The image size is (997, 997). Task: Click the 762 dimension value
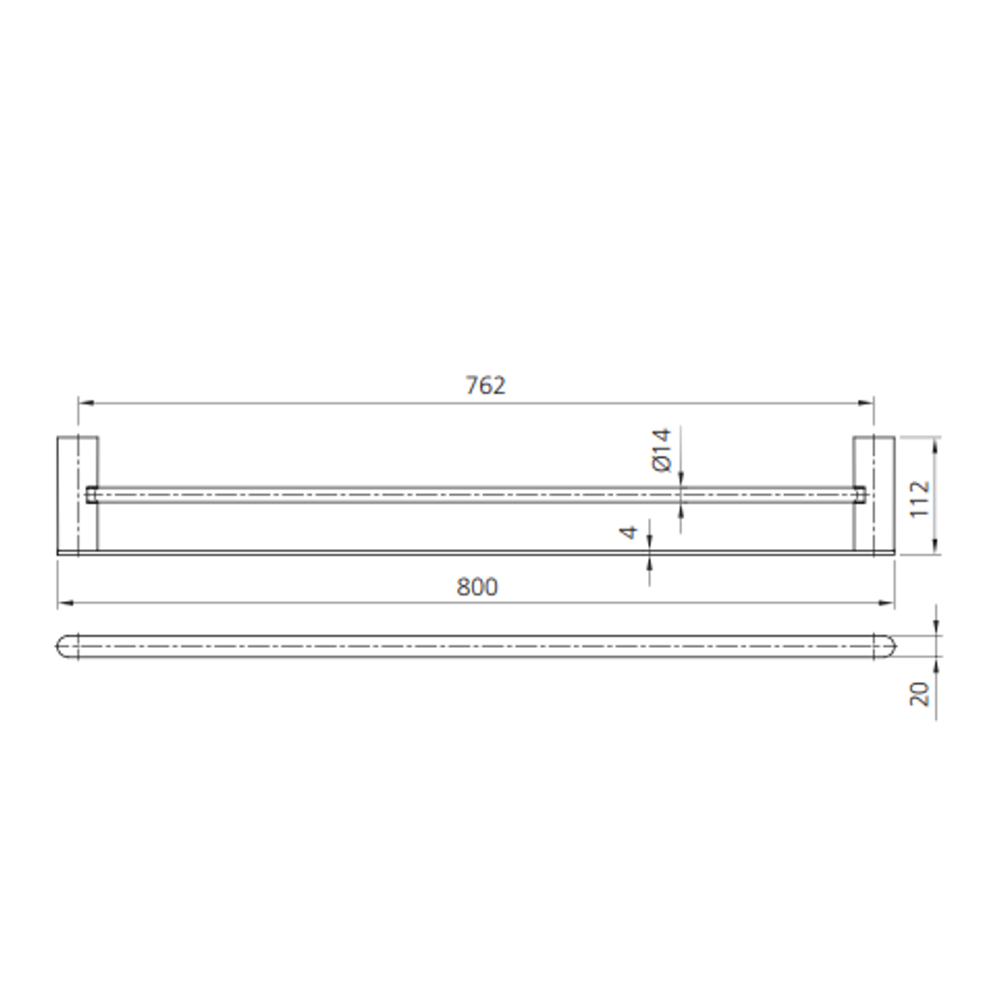(486, 386)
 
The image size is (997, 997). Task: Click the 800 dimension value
(477, 587)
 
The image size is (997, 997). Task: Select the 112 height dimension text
(920, 498)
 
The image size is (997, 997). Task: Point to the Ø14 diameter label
(661, 450)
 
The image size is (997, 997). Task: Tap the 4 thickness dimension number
(630, 533)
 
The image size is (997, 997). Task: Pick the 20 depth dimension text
(920, 691)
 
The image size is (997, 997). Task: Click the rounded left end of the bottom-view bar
(66, 645)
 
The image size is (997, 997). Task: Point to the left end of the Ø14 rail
(91, 494)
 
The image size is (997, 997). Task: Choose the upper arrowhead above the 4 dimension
(650, 544)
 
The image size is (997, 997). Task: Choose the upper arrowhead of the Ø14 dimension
(681, 479)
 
